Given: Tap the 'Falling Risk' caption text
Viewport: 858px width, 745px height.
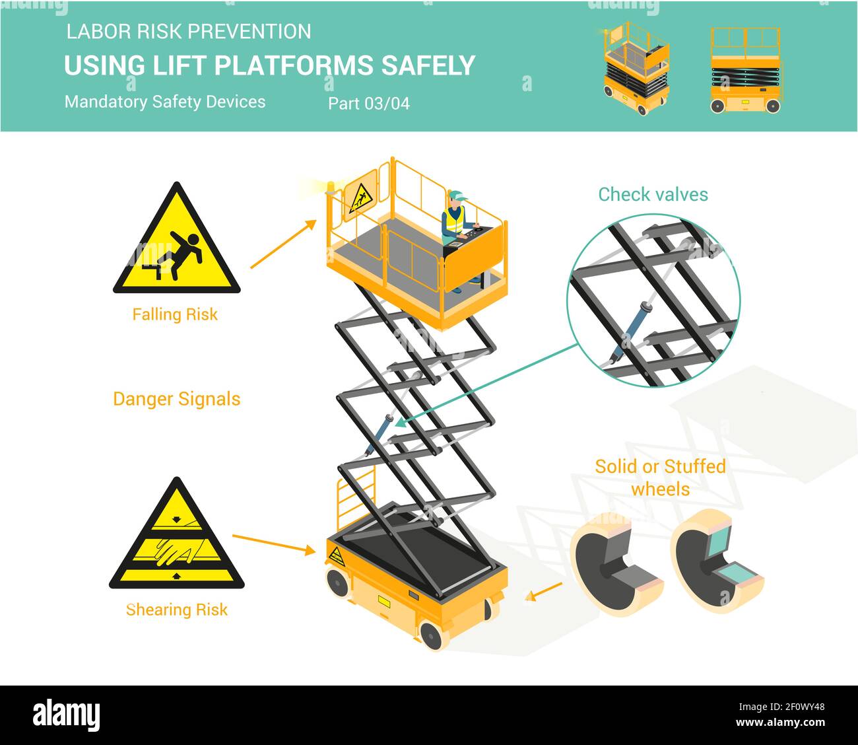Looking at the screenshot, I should point(175,314).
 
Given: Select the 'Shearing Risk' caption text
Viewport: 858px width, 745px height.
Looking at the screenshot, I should point(176,609).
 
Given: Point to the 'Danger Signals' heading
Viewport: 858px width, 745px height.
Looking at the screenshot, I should point(176,399).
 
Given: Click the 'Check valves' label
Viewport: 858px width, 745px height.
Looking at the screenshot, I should point(653,194).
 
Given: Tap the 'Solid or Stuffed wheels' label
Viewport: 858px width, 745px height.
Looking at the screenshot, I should point(660,477).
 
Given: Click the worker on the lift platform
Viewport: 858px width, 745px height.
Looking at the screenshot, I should point(455,225).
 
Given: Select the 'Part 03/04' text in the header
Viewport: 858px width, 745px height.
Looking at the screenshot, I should point(368,104).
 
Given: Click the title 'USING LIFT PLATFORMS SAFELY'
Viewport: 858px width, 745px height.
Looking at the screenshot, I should point(269,66).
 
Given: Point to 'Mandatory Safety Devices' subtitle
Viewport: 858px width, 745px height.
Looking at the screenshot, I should point(165,102).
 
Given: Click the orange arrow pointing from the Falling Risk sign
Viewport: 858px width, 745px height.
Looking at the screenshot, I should point(283,244).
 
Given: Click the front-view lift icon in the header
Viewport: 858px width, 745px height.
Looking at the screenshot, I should point(744,70).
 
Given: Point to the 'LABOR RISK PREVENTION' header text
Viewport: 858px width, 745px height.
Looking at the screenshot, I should point(188,31).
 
